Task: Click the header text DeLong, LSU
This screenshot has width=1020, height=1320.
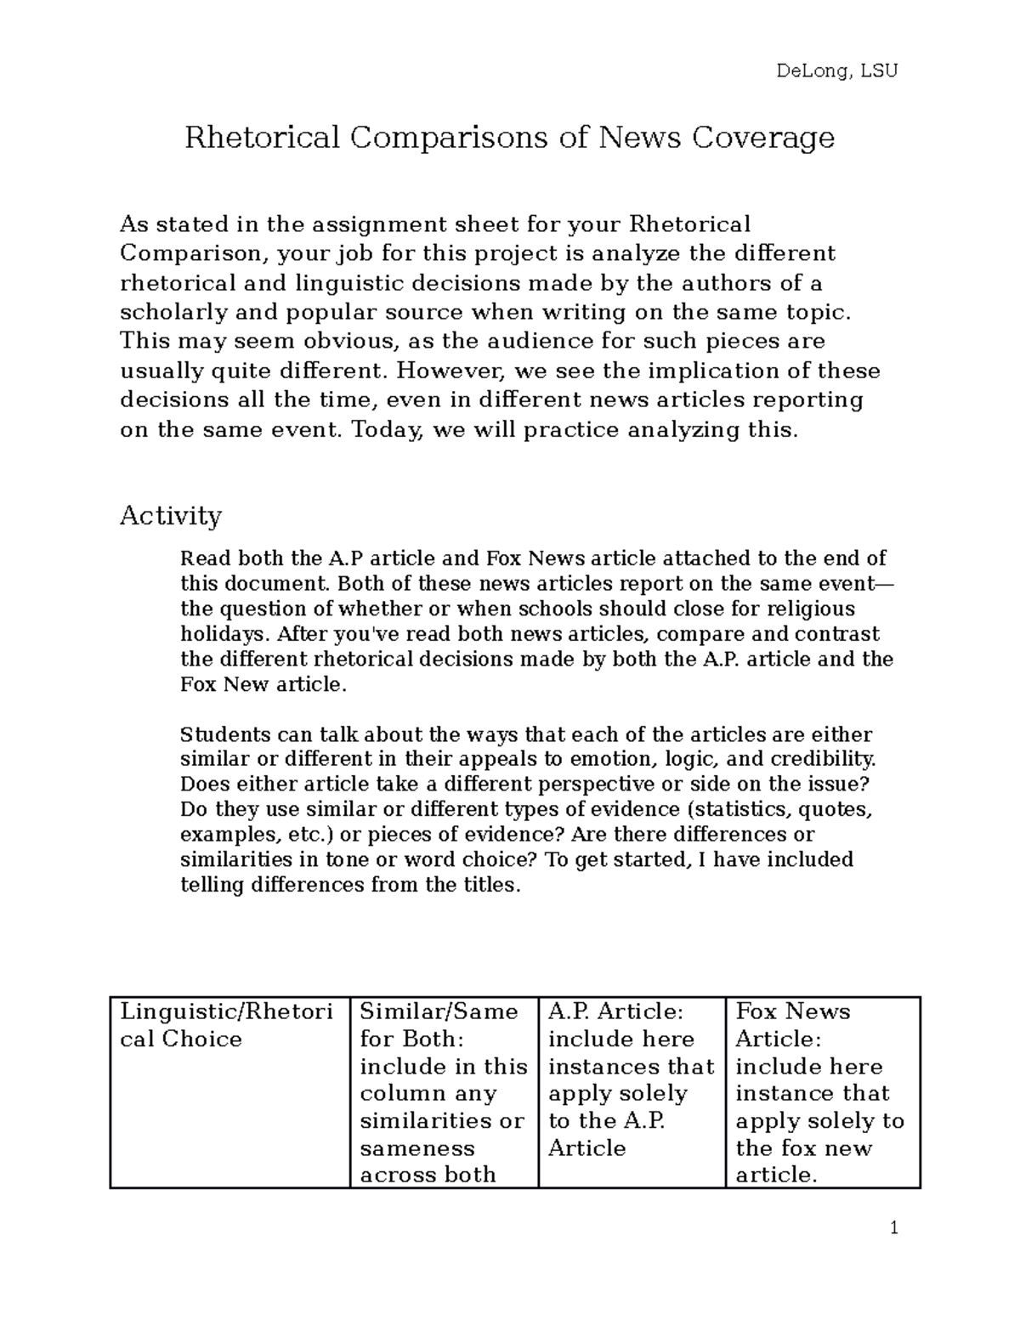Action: click(x=836, y=71)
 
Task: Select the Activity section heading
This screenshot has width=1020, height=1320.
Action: click(x=171, y=515)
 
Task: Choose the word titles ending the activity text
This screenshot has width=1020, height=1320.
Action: click(x=489, y=885)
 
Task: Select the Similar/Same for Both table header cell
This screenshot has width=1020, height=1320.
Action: click(x=443, y=1092)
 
